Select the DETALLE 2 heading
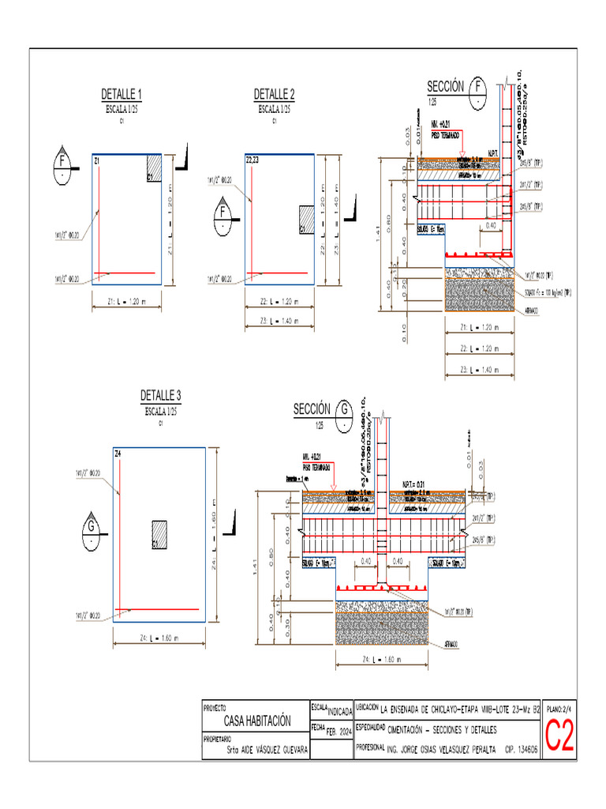pyautogui.click(x=274, y=95)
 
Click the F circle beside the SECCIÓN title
pyautogui.click(x=478, y=88)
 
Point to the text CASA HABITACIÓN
pyautogui.click(x=257, y=721)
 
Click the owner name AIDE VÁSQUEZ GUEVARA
pyautogui.click(x=267, y=750)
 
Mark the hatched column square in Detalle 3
pyautogui.click(x=160, y=533)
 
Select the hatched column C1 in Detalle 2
pyautogui.click(x=307, y=218)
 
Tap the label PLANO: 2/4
pyautogui.click(x=559, y=710)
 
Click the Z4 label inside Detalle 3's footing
pyautogui.click(x=118, y=454)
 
